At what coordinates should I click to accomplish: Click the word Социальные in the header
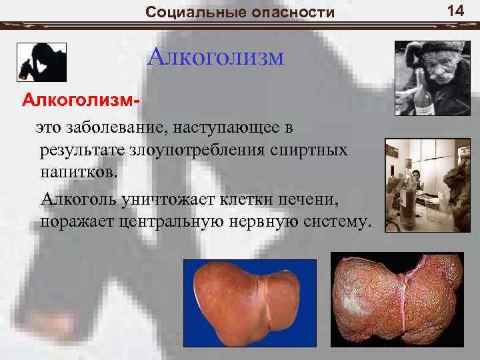(x=185, y=12)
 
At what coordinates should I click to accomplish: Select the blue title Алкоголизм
(x=215, y=57)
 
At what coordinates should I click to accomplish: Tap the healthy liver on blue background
(x=249, y=303)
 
